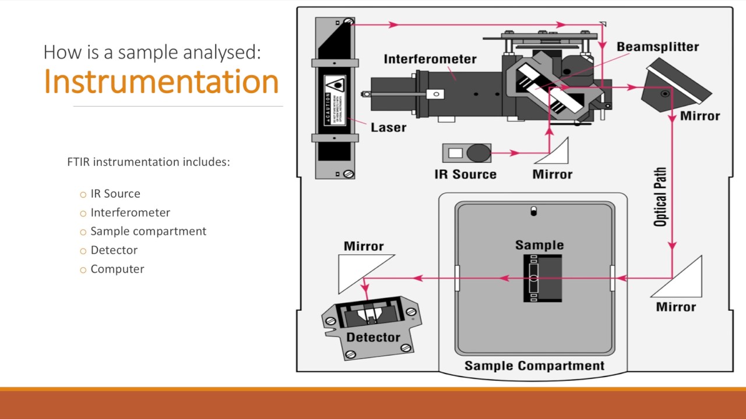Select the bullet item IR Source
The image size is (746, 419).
pyautogui.click(x=115, y=194)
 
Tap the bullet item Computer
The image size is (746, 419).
pyautogui.click(x=117, y=269)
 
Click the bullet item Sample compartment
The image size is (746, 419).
pyautogui.click(x=148, y=231)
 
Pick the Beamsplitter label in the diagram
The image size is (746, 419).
pyautogui.click(x=657, y=47)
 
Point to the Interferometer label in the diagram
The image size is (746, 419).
pyautogui.click(x=430, y=59)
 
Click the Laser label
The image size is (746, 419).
pyautogui.click(x=388, y=127)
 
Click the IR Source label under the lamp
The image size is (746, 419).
pyautogui.click(x=465, y=174)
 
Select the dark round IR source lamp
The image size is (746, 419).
pyautogui.click(x=478, y=154)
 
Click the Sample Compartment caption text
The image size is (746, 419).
pyautogui.click(x=534, y=366)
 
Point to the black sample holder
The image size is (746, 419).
pyautogui.click(x=542, y=278)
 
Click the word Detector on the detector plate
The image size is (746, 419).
pyautogui.click(x=373, y=338)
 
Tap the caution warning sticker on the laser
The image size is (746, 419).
pyautogui.click(x=335, y=100)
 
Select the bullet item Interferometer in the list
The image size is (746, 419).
pyautogui.click(x=130, y=212)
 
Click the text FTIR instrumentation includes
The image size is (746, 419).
pyautogui.click(x=149, y=162)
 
